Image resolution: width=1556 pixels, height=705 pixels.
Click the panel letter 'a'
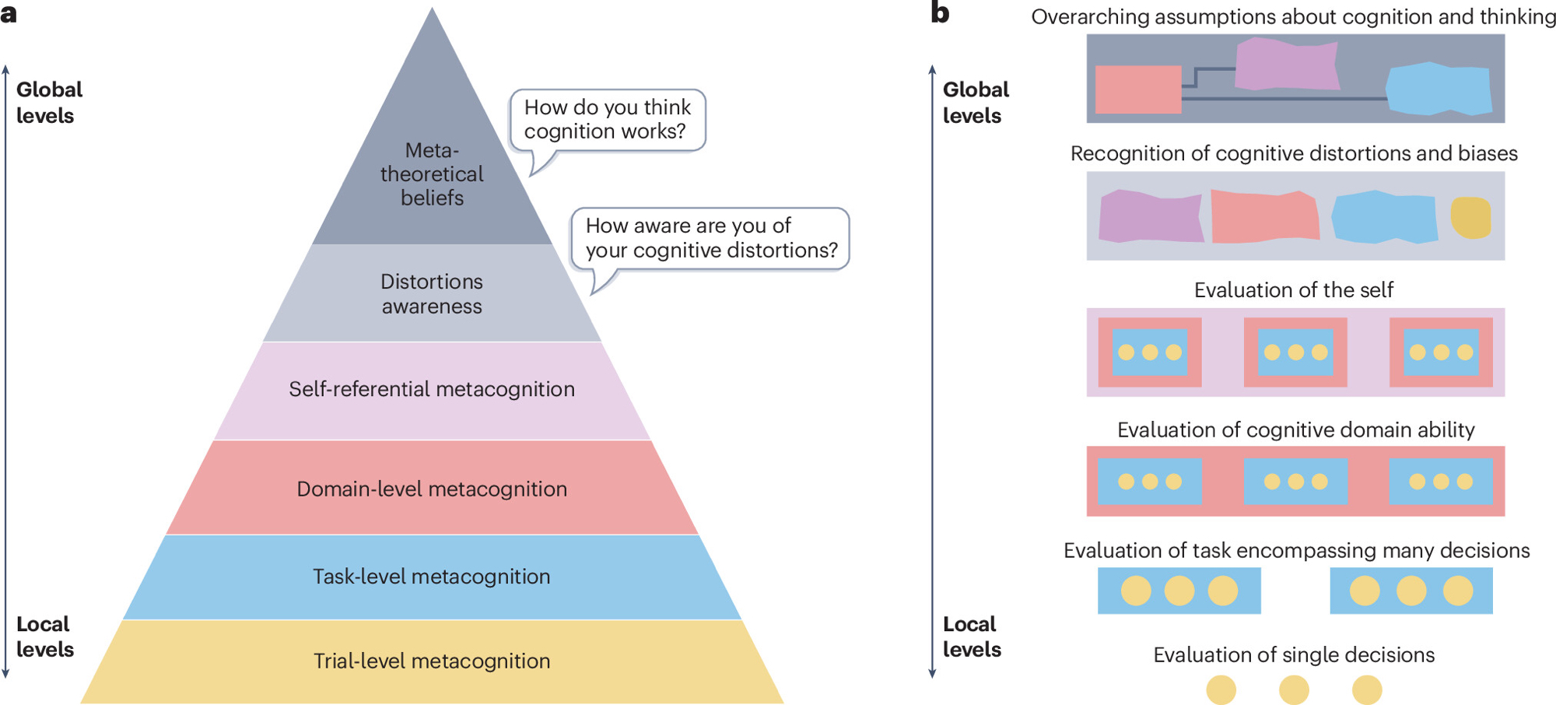coord(9,13)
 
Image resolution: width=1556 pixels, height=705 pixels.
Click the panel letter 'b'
coord(940,13)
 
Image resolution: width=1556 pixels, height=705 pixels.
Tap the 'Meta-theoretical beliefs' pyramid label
coord(432,174)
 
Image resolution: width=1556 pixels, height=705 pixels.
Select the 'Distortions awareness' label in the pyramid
coord(432,294)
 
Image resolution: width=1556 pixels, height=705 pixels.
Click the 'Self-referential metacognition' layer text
coord(432,389)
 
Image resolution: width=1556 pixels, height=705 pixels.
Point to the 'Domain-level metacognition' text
coord(432,489)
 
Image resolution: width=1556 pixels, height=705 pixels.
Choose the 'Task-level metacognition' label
coord(432,577)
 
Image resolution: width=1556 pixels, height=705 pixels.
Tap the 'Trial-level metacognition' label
coord(432,661)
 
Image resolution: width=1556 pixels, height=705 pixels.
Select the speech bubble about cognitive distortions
coord(711,238)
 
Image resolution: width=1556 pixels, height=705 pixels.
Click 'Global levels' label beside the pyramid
coord(48,103)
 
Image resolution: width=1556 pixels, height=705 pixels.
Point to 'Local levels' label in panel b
coord(972,637)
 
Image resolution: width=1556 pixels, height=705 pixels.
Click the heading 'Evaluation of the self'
coord(1294,290)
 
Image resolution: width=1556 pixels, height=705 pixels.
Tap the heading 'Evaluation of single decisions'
coord(1294,655)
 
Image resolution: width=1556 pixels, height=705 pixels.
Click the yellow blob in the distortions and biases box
coord(1470,217)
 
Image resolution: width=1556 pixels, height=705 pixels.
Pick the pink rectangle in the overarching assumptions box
coord(1138,89)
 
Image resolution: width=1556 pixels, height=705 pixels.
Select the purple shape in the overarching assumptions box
coord(1287,64)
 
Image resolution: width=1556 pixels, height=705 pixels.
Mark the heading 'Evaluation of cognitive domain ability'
coord(1295,430)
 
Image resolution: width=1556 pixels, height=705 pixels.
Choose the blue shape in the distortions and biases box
coord(1385,217)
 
